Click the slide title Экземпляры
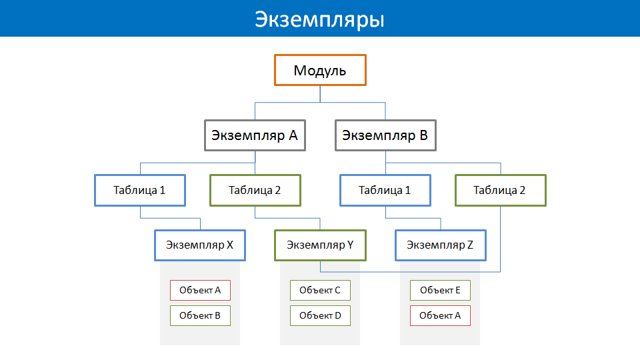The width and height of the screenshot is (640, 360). pos(319,19)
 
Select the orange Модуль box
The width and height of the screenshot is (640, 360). pos(320,70)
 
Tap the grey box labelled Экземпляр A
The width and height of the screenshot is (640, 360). pos(255,135)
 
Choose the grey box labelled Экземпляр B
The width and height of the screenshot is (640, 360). pos(385,135)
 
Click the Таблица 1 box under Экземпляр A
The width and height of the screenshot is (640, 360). pos(140,190)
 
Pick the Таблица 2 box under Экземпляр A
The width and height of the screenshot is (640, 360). pos(255,190)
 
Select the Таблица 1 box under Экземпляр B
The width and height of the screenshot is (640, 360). pos(385,190)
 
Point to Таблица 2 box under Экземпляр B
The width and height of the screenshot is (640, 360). pos(501,190)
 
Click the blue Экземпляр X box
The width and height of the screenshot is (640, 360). pos(200,245)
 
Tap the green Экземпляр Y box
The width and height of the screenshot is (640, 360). pos(320,245)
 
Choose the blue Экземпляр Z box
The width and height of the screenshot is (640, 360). pos(441,245)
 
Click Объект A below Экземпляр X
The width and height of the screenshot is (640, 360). pos(200,290)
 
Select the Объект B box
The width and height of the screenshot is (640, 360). pos(200,315)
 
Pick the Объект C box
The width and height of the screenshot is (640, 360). pos(320,290)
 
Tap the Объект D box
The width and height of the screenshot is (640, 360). pos(320,315)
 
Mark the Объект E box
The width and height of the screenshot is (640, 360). pos(440,290)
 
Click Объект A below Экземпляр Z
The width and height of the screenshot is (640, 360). pos(440,315)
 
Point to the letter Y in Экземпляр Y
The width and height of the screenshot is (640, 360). pos(350,245)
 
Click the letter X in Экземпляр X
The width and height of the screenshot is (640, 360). pos(230,245)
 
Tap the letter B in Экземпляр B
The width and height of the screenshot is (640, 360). pos(424,135)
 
